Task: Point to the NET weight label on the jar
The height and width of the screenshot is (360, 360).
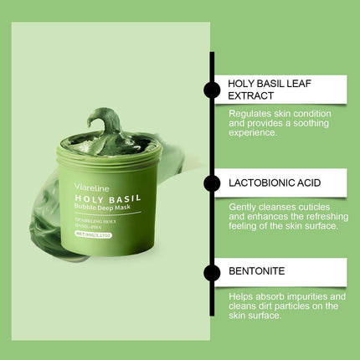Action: (109, 238)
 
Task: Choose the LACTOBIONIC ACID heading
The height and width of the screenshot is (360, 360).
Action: (275, 181)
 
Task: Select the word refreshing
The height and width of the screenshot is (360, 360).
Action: (313, 216)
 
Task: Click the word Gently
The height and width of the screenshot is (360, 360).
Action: (243, 206)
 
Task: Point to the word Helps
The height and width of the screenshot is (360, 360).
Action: (242, 296)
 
